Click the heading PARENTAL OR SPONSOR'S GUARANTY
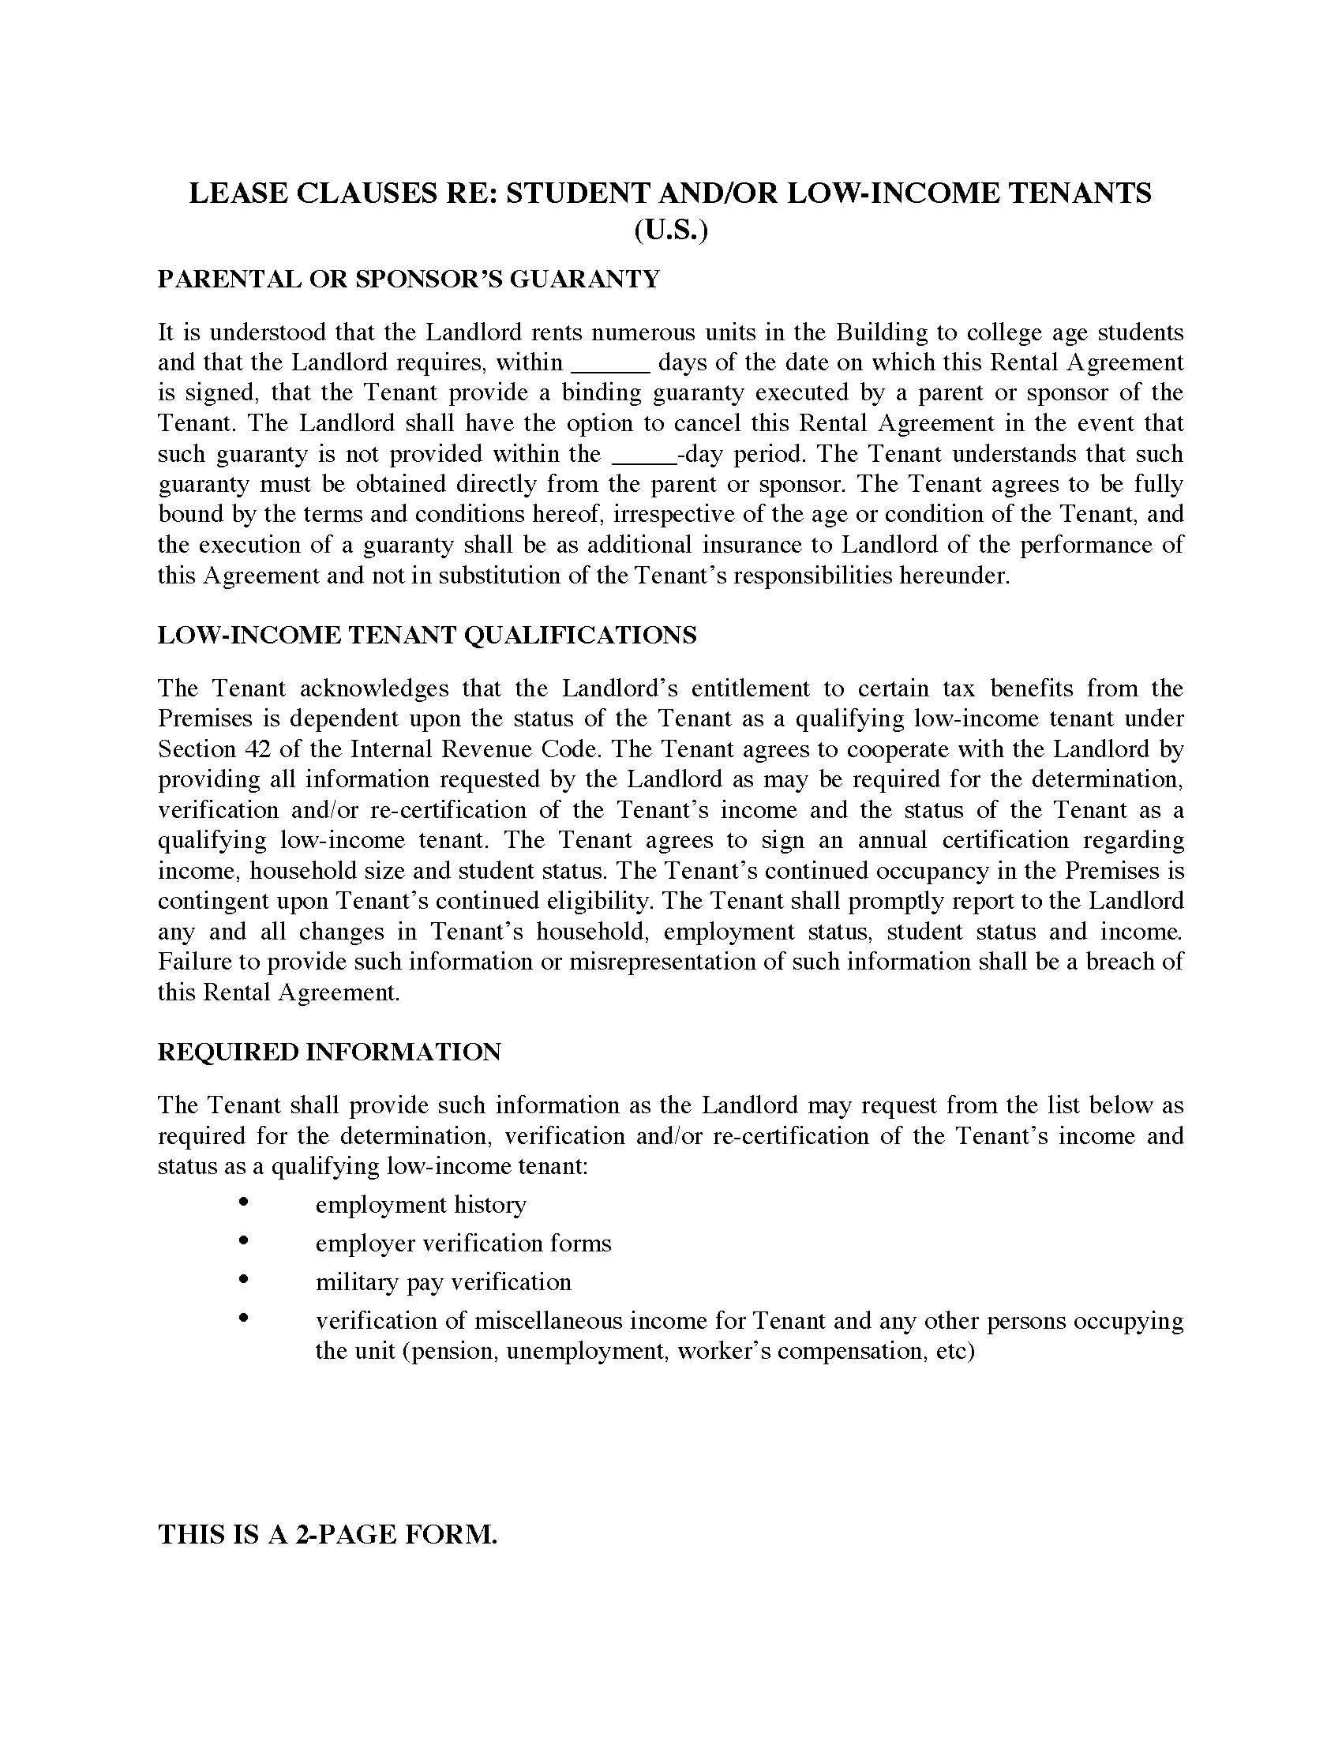pos(408,279)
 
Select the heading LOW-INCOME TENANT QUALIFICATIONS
pos(427,635)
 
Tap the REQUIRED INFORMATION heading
pos(329,1052)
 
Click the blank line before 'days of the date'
pos(611,364)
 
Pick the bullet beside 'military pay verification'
pos(244,1279)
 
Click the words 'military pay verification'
pos(443,1282)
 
